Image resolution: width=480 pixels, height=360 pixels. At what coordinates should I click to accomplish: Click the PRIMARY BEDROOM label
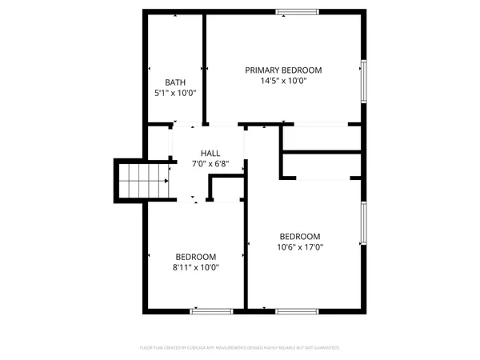(x=284, y=70)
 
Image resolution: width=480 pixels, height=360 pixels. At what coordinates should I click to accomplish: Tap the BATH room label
(x=175, y=82)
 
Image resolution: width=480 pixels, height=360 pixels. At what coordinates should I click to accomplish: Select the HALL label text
(x=210, y=153)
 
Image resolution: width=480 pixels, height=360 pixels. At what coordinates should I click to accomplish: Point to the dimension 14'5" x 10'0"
(x=284, y=81)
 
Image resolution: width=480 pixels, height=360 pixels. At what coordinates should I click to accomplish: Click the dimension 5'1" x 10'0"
(x=175, y=94)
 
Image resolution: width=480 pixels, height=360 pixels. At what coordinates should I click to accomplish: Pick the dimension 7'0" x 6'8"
(x=210, y=164)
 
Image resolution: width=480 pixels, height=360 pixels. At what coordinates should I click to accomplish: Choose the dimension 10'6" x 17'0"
(x=300, y=247)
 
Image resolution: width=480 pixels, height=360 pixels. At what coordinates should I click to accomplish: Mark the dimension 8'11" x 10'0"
(x=196, y=268)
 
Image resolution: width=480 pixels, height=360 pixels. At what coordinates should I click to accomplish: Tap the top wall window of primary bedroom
(x=297, y=11)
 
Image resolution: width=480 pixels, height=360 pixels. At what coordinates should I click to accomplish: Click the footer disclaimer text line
(x=240, y=348)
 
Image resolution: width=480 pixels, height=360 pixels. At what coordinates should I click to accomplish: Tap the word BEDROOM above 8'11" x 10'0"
(x=196, y=257)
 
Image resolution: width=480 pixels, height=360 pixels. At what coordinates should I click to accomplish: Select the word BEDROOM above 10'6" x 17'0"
(x=300, y=236)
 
